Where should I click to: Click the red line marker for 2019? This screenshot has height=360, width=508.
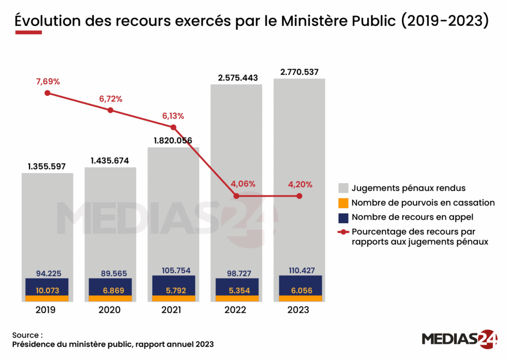pyautogui.click(x=47, y=93)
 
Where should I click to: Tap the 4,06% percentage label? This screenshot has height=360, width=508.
pyautogui.click(x=237, y=184)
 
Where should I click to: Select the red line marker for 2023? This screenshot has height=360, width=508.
pyautogui.click(x=300, y=196)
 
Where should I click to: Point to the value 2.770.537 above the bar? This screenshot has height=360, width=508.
pyautogui.click(x=299, y=72)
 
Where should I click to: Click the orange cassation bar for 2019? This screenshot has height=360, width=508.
pyautogui.click(x=47, y=298)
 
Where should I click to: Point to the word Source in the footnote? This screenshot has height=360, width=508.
pyautogui.click(x=25, y=335)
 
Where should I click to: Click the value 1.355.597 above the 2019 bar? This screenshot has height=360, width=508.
pyautogui.click(x=47, y=166)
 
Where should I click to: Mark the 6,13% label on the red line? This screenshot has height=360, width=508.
pyautogui.click(x=173, y=116)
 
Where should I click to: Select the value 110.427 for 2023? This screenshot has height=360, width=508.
pyautogui.click(x=299, y=270)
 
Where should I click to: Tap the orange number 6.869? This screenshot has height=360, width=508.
pyautogui.click(x=110, y=290)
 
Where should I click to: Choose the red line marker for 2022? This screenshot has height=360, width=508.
pyautogui.click(x=237, y=196)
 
